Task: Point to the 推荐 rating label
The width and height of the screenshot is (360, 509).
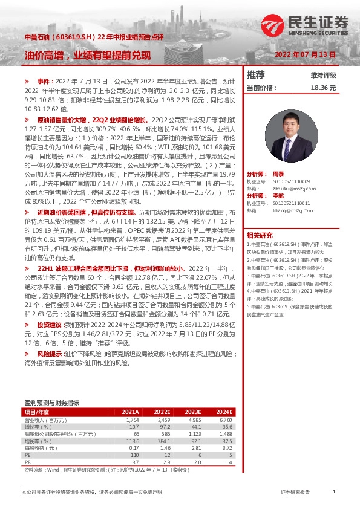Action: (x=256, y=75)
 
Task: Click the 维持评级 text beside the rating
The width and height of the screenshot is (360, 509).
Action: (x=322, y=76)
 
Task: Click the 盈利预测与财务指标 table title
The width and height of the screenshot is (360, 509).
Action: (x=51, y=402)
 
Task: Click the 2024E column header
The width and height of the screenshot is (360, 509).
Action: (x=224, y=412)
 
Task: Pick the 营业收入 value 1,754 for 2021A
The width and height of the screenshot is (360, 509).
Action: (x=133, y=420)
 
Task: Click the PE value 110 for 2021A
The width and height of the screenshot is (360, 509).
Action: (x=135, y=455)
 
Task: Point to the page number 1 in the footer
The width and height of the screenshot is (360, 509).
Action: (x=333, y=493)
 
